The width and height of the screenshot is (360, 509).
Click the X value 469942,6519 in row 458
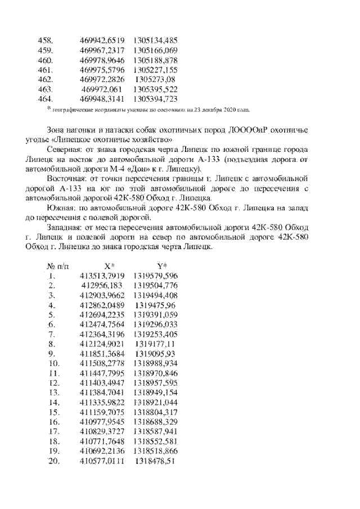pos(102,40)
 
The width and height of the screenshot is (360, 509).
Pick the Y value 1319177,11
pos(156,344)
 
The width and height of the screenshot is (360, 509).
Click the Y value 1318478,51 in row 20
pos(156,461)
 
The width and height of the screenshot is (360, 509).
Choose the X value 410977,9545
pos(102,422)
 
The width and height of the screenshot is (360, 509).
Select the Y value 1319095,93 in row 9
pos(156,354)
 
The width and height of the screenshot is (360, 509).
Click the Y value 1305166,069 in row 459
pos(156,50)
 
